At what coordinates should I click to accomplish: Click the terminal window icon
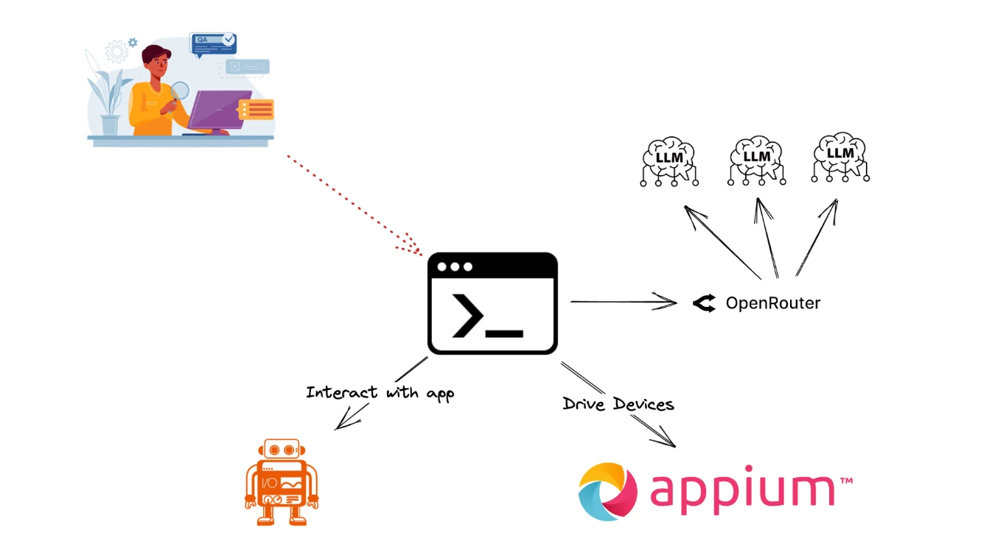pyautogui.click(x=492, y=303)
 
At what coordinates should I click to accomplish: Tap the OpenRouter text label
pyautogui.click(x=772, y=303)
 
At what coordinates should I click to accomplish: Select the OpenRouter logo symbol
pyautogui.click(x=705, y=303)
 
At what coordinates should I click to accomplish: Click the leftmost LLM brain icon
pyautogui.click(x=668, y=158)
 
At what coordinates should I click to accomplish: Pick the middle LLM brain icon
pyautogui.click(x=756, y=158)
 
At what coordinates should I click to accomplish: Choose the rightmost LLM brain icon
pyautogui.click(x=840, y=155)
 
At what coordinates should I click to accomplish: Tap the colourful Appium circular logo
pyautogui.click(x=608, y=491)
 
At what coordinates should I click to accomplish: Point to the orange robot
pyautogui.click(x=281, y=482)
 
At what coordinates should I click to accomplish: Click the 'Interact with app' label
pyautogui.click(x=380, y=393)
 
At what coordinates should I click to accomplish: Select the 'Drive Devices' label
pyautogui.click(x=618, y=404)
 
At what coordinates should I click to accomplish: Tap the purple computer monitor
pyautogui.click(x=220, y=110)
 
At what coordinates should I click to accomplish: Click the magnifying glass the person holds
pyautogui.click(x=180, y=91)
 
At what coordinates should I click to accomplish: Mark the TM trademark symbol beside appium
pyautogui.click(x=846, y=481)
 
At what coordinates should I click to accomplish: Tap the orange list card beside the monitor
pyautogui.click(x=256, y=110)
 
